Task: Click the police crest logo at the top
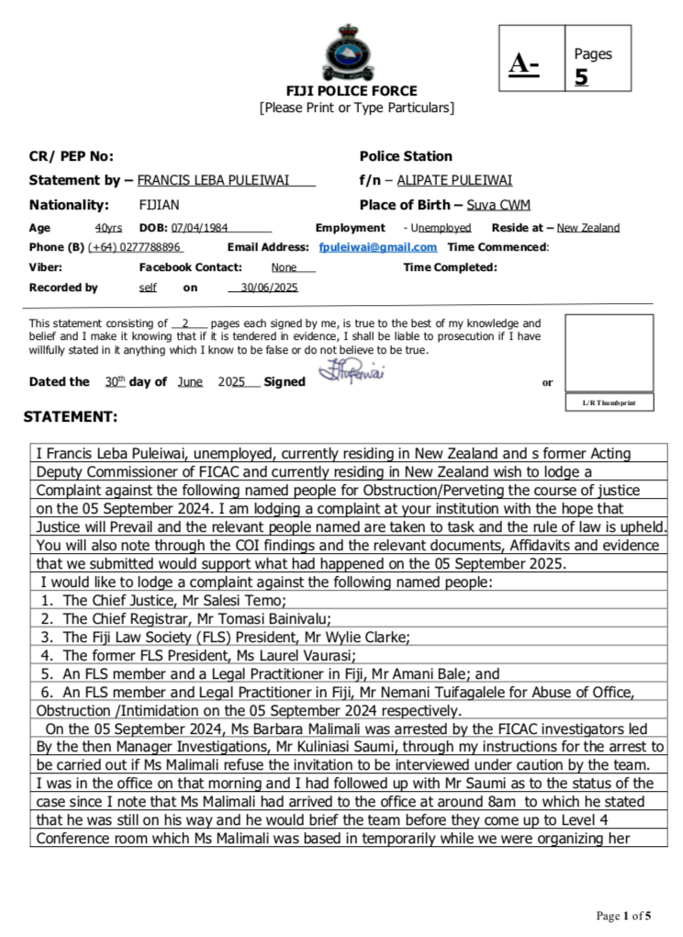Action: tap(351, 51)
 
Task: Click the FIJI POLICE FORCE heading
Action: tap(351, 91)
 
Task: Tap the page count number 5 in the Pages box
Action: tap(581, 77)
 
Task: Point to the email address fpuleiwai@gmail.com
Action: tap(377, 247)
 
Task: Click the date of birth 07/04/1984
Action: tap(200, 228)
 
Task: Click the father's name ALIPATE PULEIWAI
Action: tap(454, 180)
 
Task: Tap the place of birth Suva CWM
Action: tap(498, 205)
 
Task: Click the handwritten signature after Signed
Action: tap(351, 375)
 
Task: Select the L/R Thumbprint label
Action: tap(609, 402)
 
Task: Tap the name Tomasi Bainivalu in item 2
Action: tap(277, 618)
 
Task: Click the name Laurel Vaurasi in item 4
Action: tap(309, 655)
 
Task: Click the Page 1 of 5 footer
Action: tap(624, 915)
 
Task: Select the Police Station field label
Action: tap(406, 156)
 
